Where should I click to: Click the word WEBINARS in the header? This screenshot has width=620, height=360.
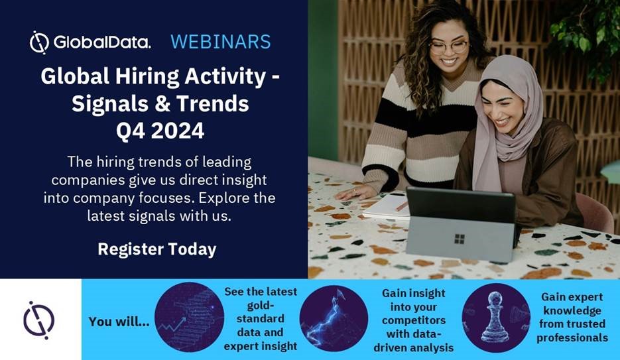[x=221, y=42]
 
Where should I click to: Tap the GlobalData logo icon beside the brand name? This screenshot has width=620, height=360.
[x=39, y=42]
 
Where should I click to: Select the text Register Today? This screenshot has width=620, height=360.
[x=157, y=249]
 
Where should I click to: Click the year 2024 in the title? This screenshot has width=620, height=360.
[x=178, y=131]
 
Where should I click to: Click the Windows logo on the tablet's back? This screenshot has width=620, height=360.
[x=460, y=239]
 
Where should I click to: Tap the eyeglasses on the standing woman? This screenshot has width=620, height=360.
[x=448, y=47]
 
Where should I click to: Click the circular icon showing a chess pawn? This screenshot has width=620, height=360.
[x=496, y=318]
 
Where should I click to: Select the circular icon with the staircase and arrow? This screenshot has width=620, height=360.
[x=190, y=317]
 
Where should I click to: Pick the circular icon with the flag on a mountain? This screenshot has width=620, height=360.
[x=334, y=318]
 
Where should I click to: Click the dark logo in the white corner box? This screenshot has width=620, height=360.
[x=38, y=320]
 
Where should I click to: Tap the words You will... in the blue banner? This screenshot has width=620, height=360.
[x=119, y=322]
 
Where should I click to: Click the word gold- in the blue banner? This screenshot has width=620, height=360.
[x=261, y=305]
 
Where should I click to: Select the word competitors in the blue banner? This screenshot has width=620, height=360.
[x=414, y=320]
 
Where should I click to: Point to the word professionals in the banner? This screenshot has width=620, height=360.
[x=572, y=338]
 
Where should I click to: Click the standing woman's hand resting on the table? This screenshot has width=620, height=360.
[x=355, y=192]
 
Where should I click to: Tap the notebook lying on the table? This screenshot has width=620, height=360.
[x=385, y=206]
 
